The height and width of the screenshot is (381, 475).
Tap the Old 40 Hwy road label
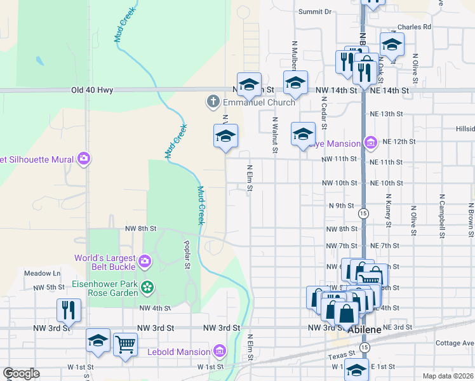(x=92, y=90)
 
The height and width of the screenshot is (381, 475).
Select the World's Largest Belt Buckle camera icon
(x=145, y=260)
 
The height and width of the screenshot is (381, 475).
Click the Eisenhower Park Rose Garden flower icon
(x=147, y=288)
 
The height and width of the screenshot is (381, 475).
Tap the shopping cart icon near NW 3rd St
(x=125, y=344)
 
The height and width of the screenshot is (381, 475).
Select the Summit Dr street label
(x=315, y=11)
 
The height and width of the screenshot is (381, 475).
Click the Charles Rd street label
(x=414, y=27)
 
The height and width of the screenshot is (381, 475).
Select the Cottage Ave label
(x=455, y=343)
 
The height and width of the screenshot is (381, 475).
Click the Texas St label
(x=340, y=358)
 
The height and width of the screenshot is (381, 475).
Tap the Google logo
(x=21, y=373)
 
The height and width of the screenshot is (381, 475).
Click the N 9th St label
(x=341, y=206)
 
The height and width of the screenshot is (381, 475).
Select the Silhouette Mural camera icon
(x=83, y=159)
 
